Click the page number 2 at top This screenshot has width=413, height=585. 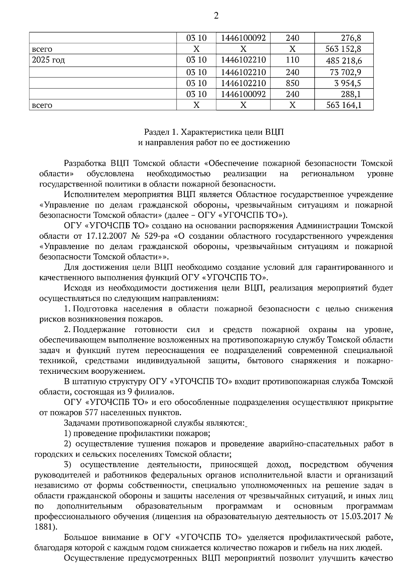216,16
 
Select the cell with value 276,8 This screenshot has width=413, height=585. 351,38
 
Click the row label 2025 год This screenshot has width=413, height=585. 48,60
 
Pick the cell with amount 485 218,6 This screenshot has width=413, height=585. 344,61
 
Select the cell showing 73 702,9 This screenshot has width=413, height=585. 346,72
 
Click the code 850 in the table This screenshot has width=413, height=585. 293,83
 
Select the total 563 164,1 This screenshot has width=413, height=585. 344,105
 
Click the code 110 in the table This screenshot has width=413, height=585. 293,60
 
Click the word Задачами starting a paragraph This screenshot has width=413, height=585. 81,423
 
